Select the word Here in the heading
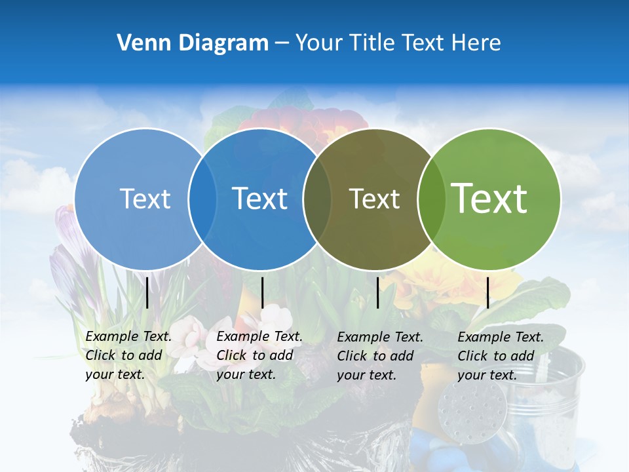477,43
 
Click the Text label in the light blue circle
145,199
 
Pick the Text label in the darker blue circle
259,199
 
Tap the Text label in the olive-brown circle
374,199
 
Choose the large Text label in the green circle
489,198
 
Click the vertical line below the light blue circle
147,292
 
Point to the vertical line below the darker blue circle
262,292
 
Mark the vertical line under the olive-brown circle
377,292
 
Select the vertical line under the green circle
487,292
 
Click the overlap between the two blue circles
202,199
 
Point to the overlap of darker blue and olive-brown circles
317,199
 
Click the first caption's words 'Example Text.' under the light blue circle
128,336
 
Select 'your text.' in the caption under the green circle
487,375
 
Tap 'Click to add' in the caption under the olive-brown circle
375,356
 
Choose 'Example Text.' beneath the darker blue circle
259,336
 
